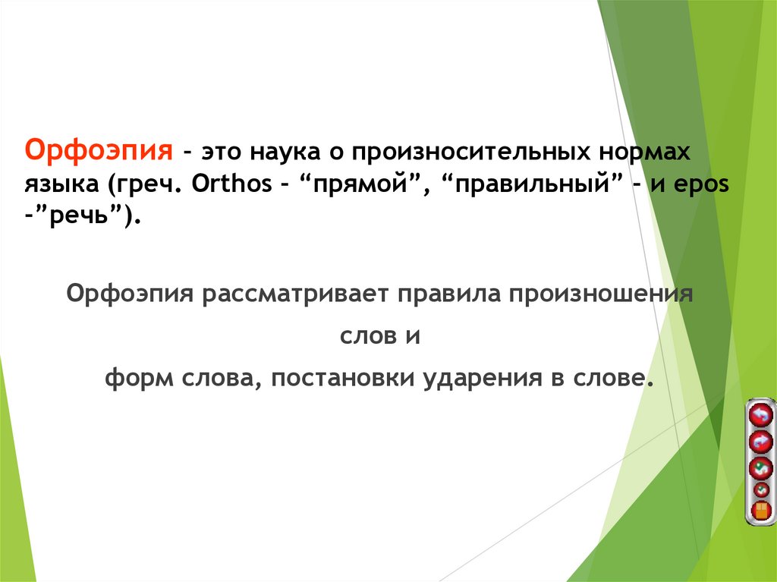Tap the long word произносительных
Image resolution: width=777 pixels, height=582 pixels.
[465, 152]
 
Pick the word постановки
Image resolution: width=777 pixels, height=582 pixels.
[339, 379]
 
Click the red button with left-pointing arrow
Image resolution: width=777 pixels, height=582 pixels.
[760, 414]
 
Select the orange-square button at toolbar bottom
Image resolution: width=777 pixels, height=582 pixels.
[760, 509]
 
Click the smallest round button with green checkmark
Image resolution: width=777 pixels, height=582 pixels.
[760, 489]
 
